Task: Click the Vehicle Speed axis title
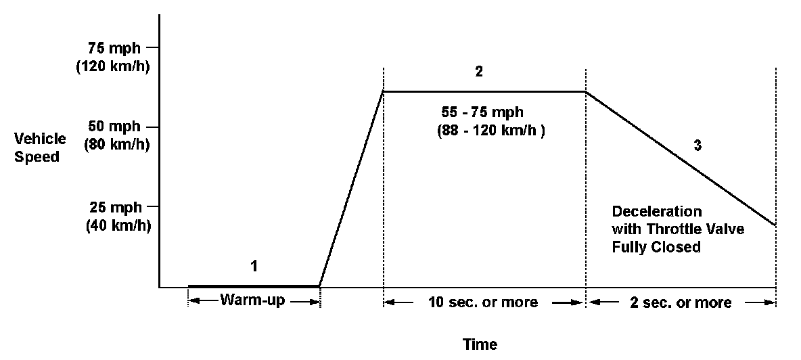pyautogui.click(x=41, y=148)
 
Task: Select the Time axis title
pyautogui.click(x=479, y=344)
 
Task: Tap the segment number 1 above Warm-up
pyautogui.click(x=254, y=266)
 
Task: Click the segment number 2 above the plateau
pyautogui.click(x=479, y=72)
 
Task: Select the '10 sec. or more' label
pyautogui.click(x=484, y=302)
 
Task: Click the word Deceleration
pyautogui.click(x=657, y=211)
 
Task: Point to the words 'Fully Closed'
pyautogui.click(x=656, y=248)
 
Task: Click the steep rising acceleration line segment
pyautogui.click(x=351, y=188)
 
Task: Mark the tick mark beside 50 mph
pyautogui.click(x=154, y=127)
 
